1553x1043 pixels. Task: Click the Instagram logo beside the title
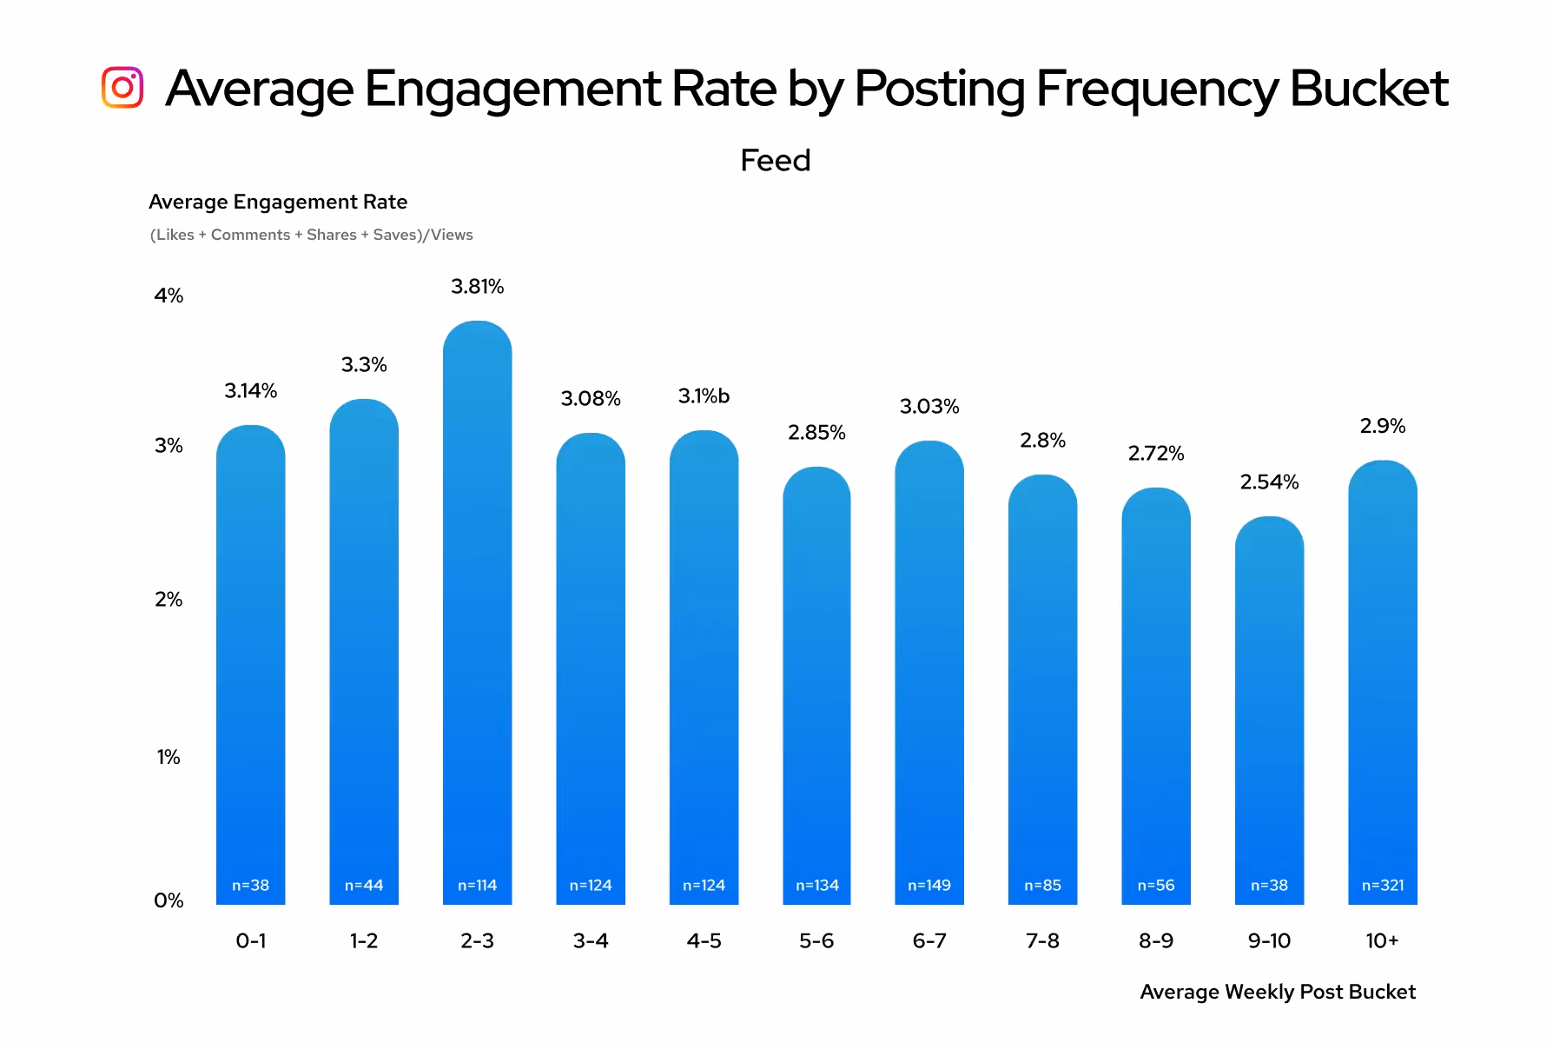(x=122, y=88)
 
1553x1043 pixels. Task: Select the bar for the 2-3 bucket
(x=477, y=608)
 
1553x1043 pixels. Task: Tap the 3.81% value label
(x=477, y=287)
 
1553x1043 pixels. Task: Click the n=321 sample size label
(x=1382, y=885)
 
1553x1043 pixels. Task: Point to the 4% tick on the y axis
(x=169, y=296)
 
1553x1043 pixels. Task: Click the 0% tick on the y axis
(x=169, y=900)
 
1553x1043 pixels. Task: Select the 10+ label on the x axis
(x=1382, y=940)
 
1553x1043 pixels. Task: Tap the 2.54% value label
(x=1269, y=482)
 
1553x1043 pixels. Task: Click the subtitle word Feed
(x=775, y=161)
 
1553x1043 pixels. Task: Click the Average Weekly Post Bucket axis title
(x=1277, y=992)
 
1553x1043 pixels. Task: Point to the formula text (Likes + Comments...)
(x=311, y=235)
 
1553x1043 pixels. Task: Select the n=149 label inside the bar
(x=929, y=885)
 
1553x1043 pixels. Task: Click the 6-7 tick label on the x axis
(x=929, y=940)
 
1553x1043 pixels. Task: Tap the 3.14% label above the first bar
(x=250, y=391)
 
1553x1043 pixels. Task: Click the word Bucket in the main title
(x=1368, y=88)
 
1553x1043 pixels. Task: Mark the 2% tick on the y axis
(x=169, y=600)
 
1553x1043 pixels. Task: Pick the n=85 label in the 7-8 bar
(x=1042, y=885)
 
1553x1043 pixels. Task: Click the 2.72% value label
(x=1155, y=453)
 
